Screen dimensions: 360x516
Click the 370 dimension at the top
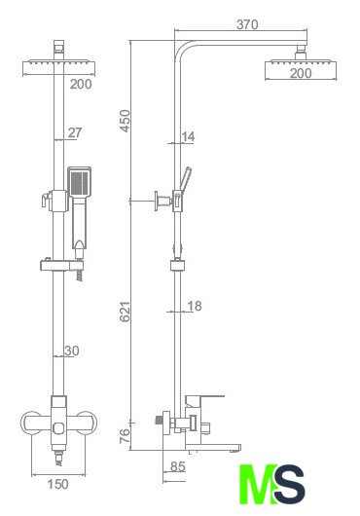[247, 24]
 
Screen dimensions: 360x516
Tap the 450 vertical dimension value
[126, 121]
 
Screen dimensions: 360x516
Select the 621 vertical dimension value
[126, 312]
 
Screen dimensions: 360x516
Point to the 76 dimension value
[125, 436]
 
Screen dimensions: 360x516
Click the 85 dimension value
[178, 466]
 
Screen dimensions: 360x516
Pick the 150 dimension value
[58, 484]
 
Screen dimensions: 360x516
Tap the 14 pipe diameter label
[188, 136]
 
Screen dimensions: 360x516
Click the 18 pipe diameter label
[194, 306]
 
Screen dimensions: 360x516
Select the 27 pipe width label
[75, 132]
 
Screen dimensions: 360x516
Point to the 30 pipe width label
[72, 350]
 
